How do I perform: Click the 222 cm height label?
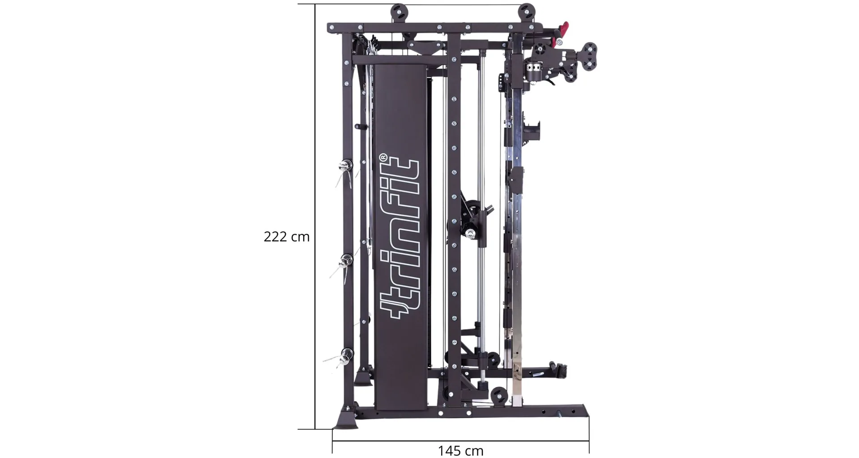pos(286,237)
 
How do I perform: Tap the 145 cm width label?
pos(460,450)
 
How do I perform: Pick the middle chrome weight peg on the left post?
pos(346,260)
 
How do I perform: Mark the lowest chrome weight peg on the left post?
pos(346,356)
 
